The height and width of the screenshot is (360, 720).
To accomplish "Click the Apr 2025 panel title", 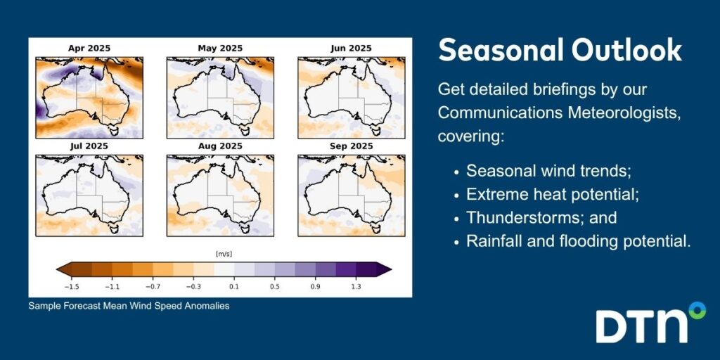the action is pos(89,49).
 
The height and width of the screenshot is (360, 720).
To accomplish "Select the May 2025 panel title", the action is pos(220,49).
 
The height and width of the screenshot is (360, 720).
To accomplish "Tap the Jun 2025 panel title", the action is pos(352,49).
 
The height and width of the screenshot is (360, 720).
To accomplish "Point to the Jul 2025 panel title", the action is pos(89,146).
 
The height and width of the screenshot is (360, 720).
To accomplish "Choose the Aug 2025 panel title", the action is pos(220,146).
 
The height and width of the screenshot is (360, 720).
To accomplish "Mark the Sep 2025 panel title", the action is pos(352,146).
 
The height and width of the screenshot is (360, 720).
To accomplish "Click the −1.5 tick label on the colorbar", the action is pos(71,287).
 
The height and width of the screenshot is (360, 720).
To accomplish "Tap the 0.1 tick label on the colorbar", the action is pos(233,287).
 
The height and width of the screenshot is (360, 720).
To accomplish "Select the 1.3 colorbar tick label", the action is pos(356,287).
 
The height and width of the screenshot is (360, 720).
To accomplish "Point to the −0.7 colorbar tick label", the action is pos(153,287).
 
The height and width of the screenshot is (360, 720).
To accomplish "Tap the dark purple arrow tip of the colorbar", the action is pos(387,269).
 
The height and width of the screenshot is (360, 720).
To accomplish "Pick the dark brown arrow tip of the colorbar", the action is pos(60,269).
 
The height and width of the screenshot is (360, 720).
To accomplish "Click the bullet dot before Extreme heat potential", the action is pos(456,195).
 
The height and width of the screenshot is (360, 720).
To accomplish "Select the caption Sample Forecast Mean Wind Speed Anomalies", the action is pos(129,306).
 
